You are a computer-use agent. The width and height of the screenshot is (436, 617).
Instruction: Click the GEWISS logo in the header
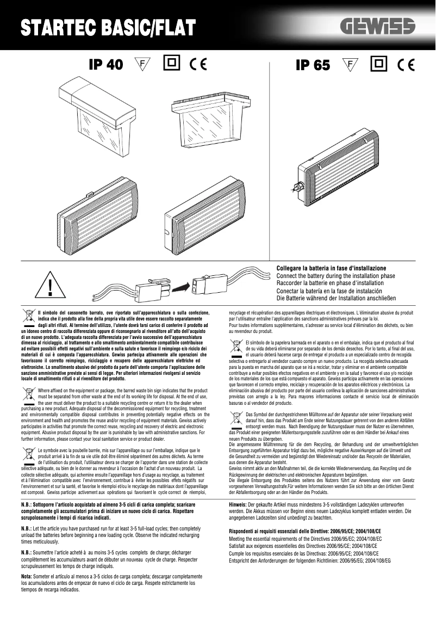378,26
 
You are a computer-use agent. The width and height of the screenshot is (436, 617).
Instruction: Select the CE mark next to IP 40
198,65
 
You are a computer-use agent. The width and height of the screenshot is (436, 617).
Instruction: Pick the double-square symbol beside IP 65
378,64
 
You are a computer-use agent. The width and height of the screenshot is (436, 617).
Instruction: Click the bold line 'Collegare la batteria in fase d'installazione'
331,269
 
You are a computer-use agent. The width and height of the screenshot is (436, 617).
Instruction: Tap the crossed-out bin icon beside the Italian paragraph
28,315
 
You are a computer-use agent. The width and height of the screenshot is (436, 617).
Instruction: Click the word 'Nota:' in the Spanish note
26,576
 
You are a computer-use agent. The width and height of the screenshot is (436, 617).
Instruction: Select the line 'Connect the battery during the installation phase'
335,276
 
